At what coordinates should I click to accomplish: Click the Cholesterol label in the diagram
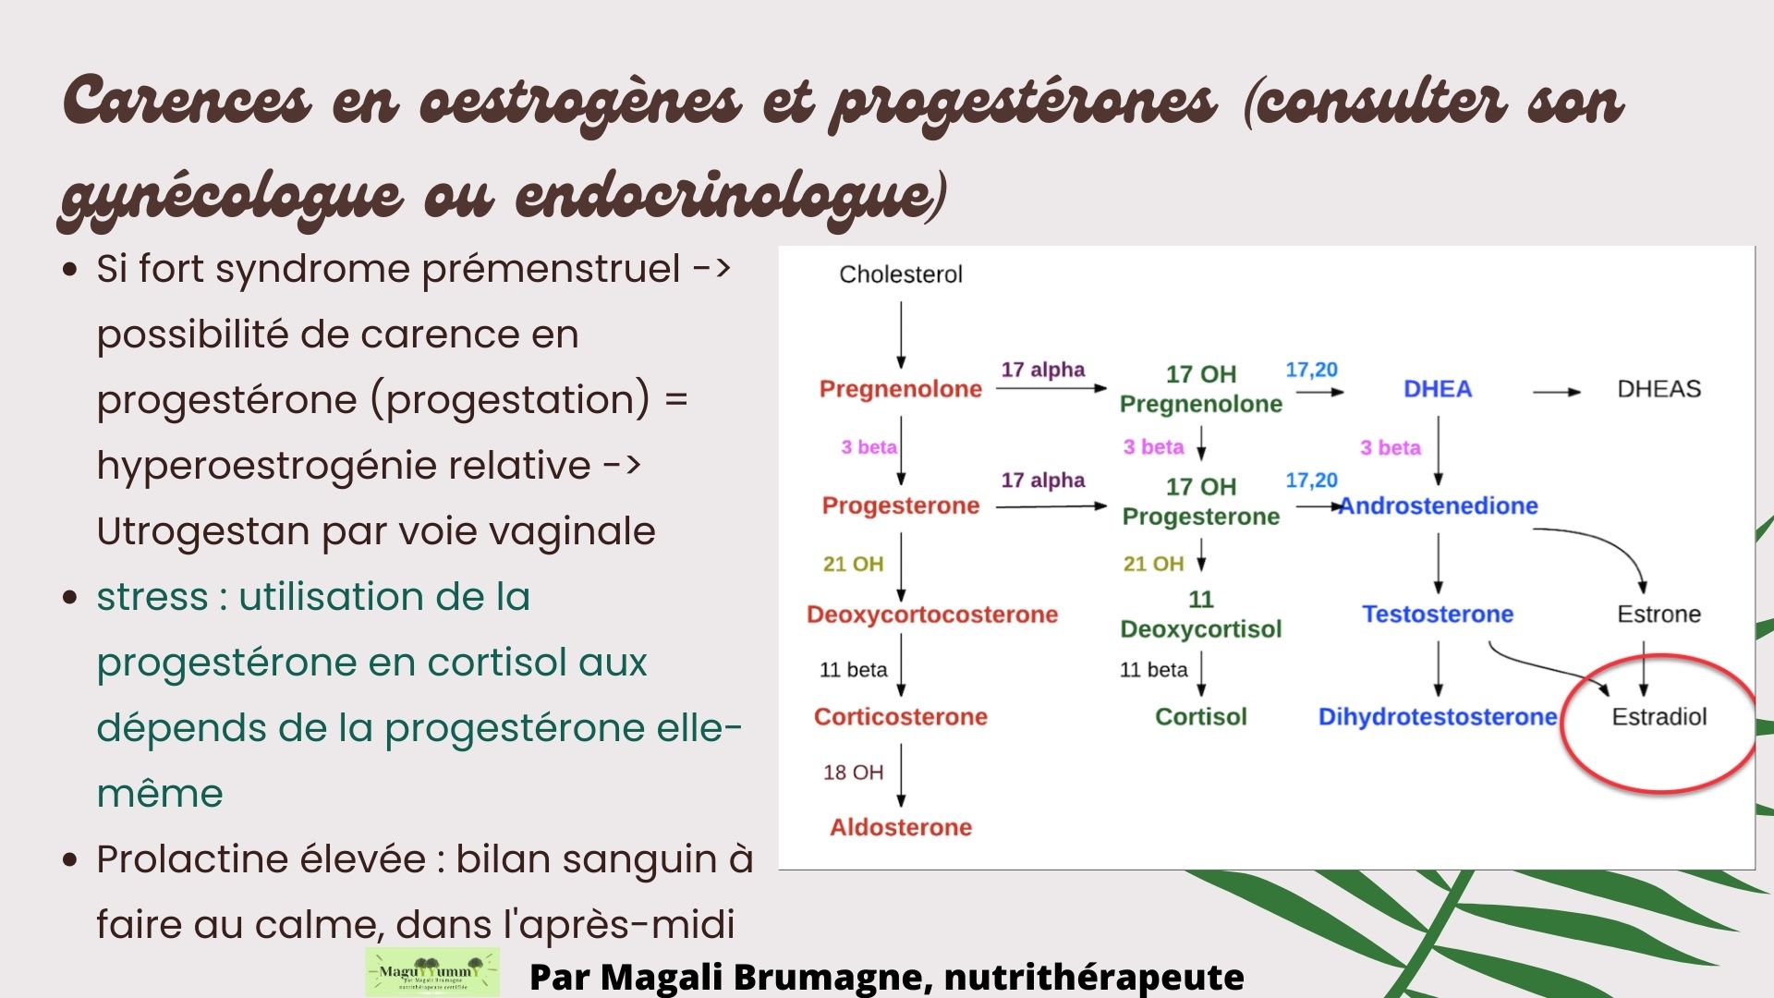[x=901, y=274]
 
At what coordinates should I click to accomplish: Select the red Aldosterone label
[x=901, y=827]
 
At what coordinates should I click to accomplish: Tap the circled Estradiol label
[x=1659, y=716]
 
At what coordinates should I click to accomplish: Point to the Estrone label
[x=1659, y=614]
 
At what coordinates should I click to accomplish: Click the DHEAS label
[x=1659, y=389]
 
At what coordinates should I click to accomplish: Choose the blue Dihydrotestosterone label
[x=1438, y=716]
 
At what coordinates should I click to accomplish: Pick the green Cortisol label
[x=1201, y=716]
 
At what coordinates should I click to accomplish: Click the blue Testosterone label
[x=1438, y=614]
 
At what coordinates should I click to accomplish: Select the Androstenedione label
[x=1439, y=505]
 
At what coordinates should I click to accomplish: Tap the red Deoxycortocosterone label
[x=932, y=615]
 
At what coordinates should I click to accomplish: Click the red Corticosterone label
[x=901, y=716]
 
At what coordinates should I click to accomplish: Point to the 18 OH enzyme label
[x=854, y=773]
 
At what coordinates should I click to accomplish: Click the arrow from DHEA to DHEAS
[x=1557, y=392]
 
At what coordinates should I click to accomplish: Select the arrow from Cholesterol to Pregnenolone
[x=901, y=335]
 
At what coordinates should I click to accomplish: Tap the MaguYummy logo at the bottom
[x=432, y=972]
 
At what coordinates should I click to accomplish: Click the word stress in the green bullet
[x=152, y=597]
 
